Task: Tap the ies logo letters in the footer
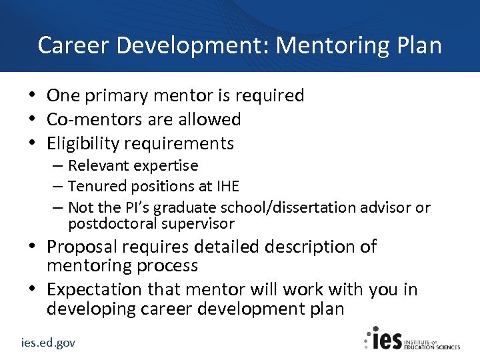point(386,339)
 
